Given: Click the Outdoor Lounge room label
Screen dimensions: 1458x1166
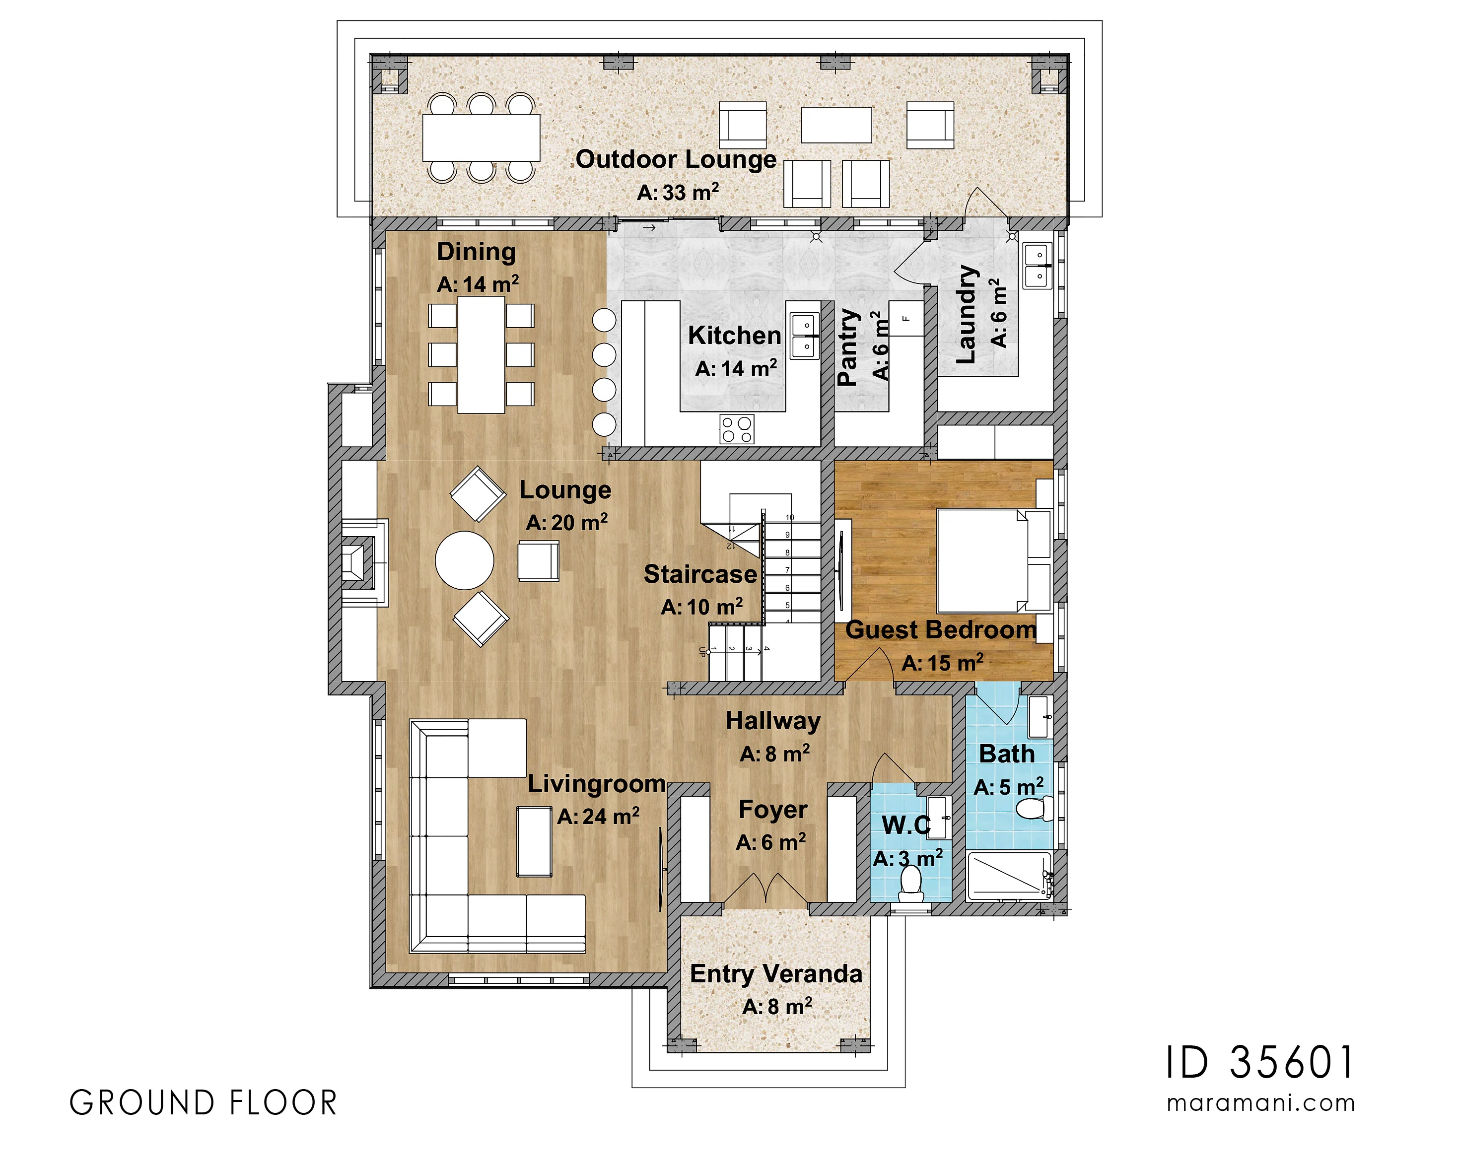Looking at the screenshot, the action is pyautogui.click(x=676, y=160).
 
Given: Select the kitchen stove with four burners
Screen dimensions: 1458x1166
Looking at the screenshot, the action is pyautogui.click(x=736, y=429).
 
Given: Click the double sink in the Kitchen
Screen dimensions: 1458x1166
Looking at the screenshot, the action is pyautogui.click(x=805, y=336).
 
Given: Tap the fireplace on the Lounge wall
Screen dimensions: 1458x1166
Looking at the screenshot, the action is pyautogui.click(x=364, y=561).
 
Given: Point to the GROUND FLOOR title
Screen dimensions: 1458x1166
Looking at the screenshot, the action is pyautogui.click(x=203, y=1103).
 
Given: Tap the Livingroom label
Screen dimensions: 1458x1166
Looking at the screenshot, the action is pyautogui.click(x=597, y=783).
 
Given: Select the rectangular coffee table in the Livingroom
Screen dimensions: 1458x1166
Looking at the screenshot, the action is pyautogui.click(x=534, y=842).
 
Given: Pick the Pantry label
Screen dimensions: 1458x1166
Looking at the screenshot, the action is pyautogui.click(x=848, y=347).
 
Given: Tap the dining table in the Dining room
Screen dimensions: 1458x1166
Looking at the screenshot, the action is pyautogui.click(x=481, y=355).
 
